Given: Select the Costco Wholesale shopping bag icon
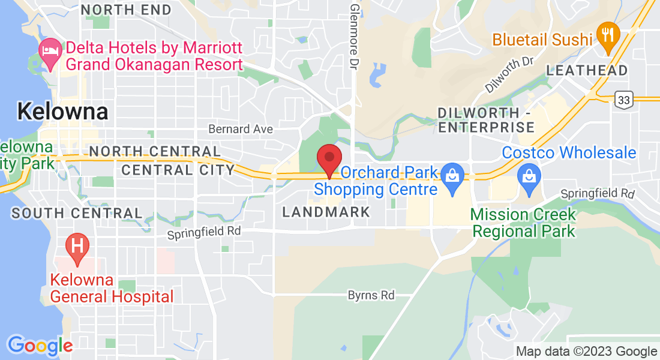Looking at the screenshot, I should point(529,176).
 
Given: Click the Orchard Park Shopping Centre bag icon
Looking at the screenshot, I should point(450,176).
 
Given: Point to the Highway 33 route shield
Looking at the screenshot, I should point(623,100).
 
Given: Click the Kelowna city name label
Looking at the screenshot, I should point(62,111).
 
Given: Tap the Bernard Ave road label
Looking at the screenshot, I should point(240,129).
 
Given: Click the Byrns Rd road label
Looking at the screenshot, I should point(371,295).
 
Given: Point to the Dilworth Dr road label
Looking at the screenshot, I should point(509,74).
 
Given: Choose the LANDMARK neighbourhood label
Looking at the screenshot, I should point(326,212).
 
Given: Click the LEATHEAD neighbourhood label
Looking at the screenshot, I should point(587,70).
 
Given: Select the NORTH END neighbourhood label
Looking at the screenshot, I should point(126,10).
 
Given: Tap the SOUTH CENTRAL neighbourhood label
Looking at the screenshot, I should point(77,213).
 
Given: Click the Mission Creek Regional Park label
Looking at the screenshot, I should point(523,223).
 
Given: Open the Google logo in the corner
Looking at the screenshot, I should point(40,345).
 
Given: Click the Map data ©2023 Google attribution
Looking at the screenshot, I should point(586,351).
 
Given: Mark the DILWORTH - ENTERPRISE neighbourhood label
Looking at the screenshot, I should point(486,120).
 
